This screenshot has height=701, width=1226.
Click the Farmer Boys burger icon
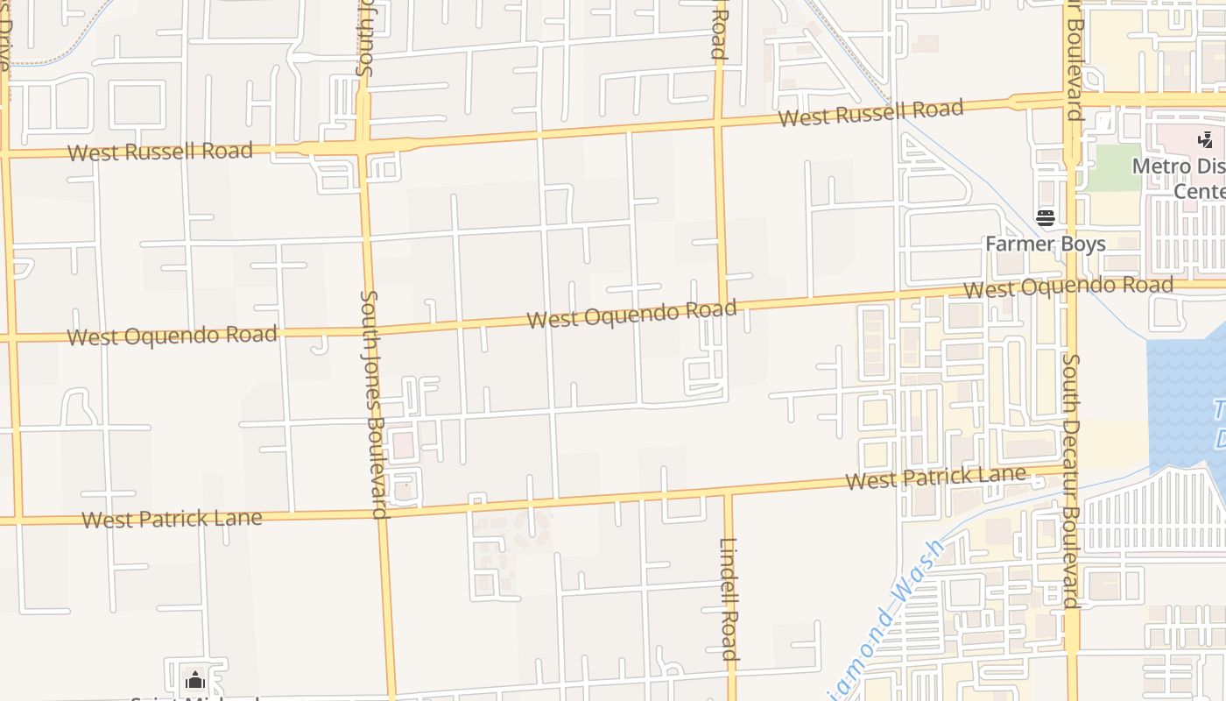coord(1045,217)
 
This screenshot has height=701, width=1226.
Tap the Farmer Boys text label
coord(1045,244)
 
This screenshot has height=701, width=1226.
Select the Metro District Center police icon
coord(1206,139)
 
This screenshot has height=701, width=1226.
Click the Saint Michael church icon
coord(194,680)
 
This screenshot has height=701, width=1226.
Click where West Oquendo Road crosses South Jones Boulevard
coord(372,331)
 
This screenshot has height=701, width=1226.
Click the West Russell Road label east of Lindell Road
coord(870,112)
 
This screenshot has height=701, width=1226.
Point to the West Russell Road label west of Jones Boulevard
coord(159,151)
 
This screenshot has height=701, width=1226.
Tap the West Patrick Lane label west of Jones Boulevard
coord(172,518)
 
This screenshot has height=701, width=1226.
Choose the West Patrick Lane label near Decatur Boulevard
coord(935,478)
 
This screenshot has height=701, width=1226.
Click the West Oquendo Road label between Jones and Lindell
coord(631,313)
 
